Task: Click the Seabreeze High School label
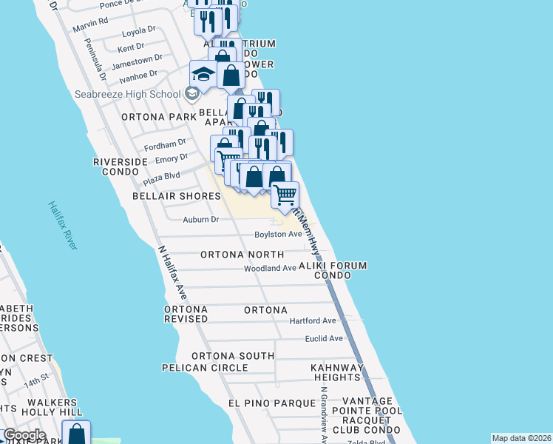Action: pyautogui.click(x=127, y=94)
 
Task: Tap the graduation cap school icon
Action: pyautogui.click(x=203, y=74)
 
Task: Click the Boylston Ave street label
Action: pyautogui.click(x=278, y=234)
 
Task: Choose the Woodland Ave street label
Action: pyautogui.click(x=270, y=268)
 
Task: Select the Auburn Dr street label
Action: pyautogui.click(x=201, y=219)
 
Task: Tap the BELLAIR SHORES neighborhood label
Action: pyautogui.click(x=176, y=196)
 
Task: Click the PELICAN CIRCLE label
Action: pyautogui.click(x=205, y=368)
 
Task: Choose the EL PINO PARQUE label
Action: pyautogui.click(x=264, y=403)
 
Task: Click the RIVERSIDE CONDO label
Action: pyautogui.click(x=115, y=166)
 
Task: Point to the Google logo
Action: pyautogui.click(x=24, y=435)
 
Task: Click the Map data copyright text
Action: pyautogui.click(x=521, y=438)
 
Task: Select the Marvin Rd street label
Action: pyautogui.click(x=90, y=21)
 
